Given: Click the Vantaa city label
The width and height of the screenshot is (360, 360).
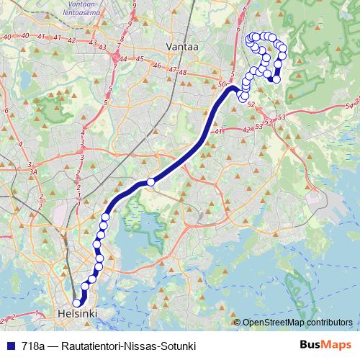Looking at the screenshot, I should tap(181, 46).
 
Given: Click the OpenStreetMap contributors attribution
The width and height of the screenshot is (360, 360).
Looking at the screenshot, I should tap(297, 322).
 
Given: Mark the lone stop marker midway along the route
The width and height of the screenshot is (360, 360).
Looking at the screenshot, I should tap(150, 182).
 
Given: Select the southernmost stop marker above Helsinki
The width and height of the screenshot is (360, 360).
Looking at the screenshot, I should tap(77, 303).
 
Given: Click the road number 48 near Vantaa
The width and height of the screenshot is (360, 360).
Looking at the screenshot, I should tap(183, 71).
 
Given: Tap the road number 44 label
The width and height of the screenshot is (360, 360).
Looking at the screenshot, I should tap(125, 58).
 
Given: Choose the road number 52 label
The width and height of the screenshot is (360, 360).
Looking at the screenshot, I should tap(251, 104).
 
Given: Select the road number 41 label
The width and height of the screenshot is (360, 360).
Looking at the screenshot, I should tap(219, 130).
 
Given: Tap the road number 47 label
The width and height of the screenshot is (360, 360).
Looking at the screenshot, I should tap(171, 70).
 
